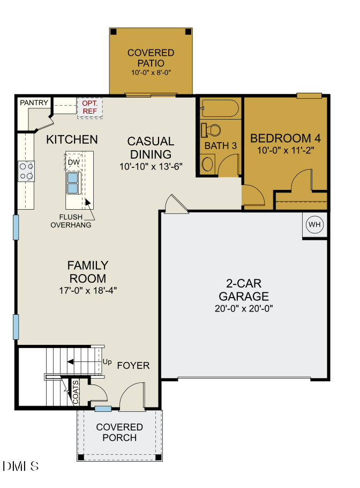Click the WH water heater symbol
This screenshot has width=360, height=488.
(314, 225)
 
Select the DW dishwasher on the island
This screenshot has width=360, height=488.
(73, 161)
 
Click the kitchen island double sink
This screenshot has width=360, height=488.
(73, 182)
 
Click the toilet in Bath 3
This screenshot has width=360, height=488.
(211, 130)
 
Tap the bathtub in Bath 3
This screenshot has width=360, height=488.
(220, 109)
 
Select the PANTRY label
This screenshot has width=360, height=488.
(34, 102)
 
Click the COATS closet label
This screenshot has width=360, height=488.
(76, 392)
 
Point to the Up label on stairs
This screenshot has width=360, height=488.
(107, 363)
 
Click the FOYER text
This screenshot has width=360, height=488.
(133, 366)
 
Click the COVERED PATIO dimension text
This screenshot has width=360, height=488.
(151, 72)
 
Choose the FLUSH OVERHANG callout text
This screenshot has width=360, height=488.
(70, 221)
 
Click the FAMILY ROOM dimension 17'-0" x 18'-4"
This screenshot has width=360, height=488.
(88, 290)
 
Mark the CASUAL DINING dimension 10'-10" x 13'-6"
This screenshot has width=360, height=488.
(151, 166)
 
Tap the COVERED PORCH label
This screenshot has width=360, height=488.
(119, 432)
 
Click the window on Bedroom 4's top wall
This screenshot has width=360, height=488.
(309, 96)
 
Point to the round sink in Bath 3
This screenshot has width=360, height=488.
(207, 163)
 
